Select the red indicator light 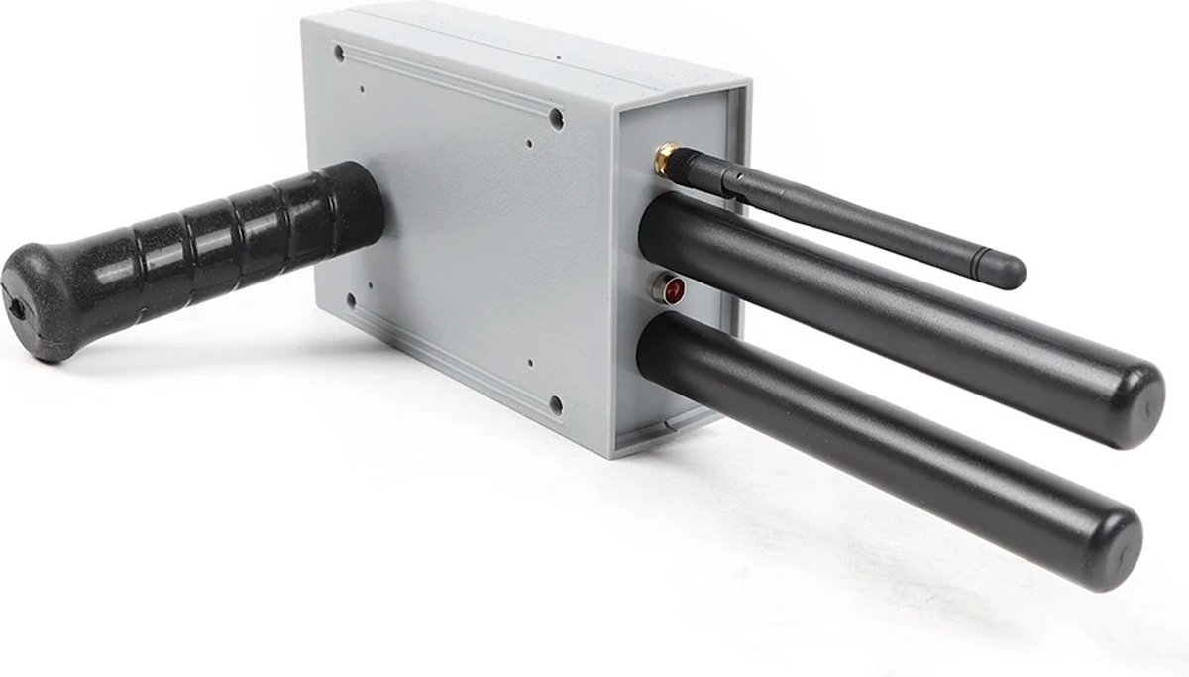pos(674,290)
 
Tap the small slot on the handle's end pos(17,310)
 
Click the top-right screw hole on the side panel pos(556,119)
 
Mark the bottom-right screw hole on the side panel pos(556,403)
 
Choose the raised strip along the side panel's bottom pos(451,362)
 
